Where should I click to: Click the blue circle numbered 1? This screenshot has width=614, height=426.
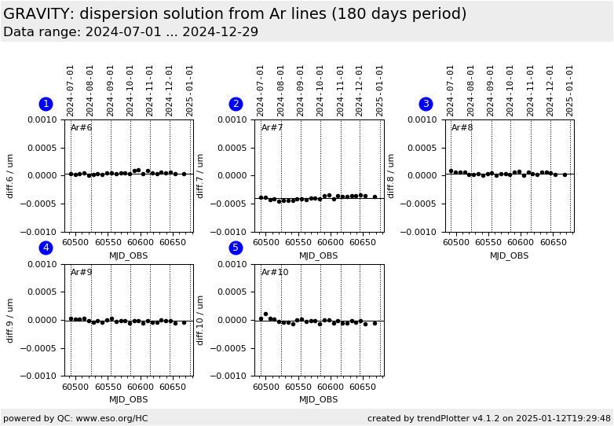click(x=46, y=104)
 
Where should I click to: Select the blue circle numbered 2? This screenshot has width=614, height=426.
click(x=236, y=104)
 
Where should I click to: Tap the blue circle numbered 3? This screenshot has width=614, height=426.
click(x=426, y=104)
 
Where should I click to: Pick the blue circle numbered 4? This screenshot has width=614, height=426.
click(x=46, y=248)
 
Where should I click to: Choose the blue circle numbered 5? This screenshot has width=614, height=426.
click(x=236, y=248)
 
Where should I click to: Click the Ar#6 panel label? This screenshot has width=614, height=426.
click(x=82, y=128)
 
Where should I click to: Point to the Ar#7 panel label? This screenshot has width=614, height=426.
click(x=272, y=128)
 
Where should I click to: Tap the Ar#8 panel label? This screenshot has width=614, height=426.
click(x=462, y=128)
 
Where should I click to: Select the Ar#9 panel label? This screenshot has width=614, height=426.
click(x=82, y=273)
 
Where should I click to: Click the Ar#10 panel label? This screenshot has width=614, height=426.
click(x=275, y=273)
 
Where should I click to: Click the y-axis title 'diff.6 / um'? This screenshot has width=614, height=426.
click(x=11, y=175)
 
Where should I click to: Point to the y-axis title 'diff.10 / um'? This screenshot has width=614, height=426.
click(x=201, y=320)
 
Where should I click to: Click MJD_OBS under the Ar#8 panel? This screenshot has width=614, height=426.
click(x=509, y=255)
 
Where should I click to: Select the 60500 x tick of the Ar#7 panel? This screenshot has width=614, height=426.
click(x=265, y=242)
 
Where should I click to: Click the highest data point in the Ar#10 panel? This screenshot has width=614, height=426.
click(x=265, y=314)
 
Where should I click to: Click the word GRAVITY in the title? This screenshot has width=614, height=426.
click(x=37, y=14)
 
